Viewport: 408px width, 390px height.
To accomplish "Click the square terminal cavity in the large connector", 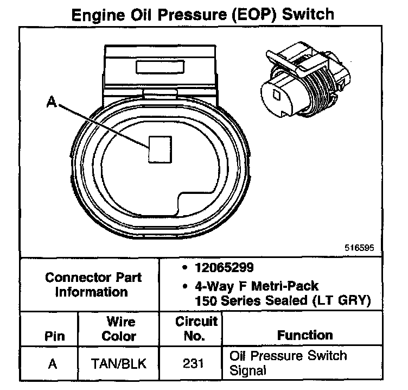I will click(160, 148).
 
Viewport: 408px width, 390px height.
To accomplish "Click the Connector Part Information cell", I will click(94, 284).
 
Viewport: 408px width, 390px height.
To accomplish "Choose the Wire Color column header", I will click(119, 329).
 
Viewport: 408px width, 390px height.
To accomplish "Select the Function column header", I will click(305, 335).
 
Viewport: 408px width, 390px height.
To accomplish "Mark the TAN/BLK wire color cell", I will click(119, 363).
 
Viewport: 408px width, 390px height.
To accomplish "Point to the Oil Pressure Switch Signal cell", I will click(288, 363).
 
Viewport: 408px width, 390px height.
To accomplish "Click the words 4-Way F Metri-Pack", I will click(251, 285).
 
